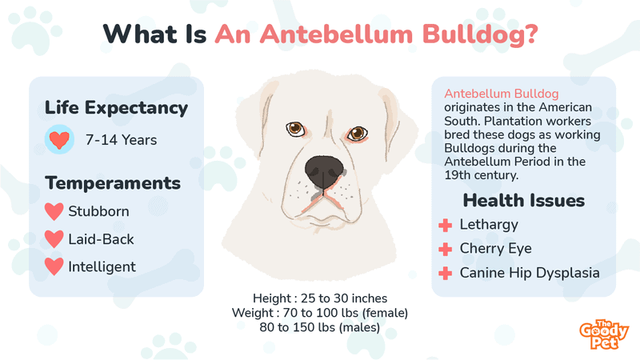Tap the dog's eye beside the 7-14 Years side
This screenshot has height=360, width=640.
pyautogui.click(x=295, y=129)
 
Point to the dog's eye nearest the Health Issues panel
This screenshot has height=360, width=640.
pyautogui.click(x=357, y=133)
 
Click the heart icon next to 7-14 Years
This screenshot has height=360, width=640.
pyautogui.click(x=59, y=139)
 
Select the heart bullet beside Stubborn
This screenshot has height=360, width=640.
pyautogui.click(x=54, y=211)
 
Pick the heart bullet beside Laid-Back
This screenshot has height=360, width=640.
pyautogui.click(x=54, y=239)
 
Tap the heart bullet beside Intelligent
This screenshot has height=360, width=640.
pyautogui.click(x=54, y=266)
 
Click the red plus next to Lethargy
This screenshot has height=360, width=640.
pyautogui.click(x=446, y=225)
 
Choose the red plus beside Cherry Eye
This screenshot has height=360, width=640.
pyautogui.click(x=446, y=249)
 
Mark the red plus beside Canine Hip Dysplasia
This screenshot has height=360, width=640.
pyautogui.click(x=446, y=273)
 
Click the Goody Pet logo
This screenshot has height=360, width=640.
pyautogui.click(x=604, y=334)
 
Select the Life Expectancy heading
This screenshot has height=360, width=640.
pyautogui.click(x=116, y=108)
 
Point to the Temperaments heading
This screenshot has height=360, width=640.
pyautogui.click(x=113, y=183)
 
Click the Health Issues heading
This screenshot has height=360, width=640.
pyautogui.click(x=524, y=201)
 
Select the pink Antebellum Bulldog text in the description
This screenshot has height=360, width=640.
pyautogui.click(x=502, y=94)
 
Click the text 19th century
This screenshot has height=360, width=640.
pyautogui.click(x=482, y=175)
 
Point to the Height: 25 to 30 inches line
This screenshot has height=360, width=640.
pyautogui.click(x=320, y=298)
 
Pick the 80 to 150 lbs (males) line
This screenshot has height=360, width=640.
pyautogui.click(x=319, y=327)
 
